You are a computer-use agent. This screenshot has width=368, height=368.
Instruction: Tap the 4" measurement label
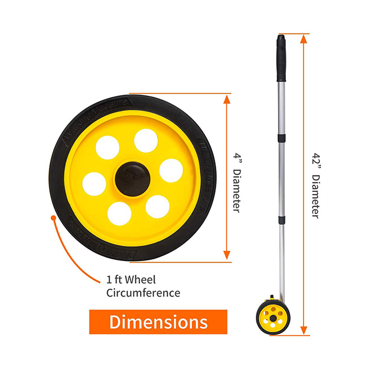click(238, 154)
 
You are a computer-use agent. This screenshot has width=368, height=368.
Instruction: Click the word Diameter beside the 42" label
click(315, 195)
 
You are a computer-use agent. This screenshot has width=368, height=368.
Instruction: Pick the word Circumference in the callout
click(143, 293)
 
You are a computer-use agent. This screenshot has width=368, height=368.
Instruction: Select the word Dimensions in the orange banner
click(158, 322)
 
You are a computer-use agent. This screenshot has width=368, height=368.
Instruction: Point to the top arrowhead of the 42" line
click(305, 39)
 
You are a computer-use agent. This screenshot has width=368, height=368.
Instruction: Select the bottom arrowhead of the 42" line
click(305, 331)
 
